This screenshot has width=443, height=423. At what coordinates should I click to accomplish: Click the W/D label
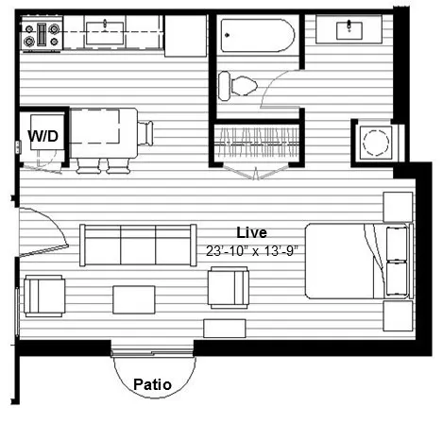43,136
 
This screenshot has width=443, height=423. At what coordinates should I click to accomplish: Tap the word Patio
152,384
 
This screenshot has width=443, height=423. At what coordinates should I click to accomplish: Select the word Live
251,232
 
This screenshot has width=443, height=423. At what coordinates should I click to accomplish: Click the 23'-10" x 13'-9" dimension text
252,251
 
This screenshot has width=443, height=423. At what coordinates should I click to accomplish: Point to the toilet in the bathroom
238,86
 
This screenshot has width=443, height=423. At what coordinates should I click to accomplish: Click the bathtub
258,35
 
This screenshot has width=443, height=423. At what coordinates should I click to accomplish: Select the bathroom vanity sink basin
349,30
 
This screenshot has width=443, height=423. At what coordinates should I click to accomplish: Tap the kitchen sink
105,33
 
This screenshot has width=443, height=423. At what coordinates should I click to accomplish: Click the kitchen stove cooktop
42,34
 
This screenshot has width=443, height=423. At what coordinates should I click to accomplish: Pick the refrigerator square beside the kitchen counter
185,36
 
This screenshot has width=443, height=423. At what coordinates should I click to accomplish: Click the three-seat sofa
138,245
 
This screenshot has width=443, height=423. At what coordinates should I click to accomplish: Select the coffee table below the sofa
134,299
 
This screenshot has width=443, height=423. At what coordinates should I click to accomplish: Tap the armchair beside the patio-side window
44,296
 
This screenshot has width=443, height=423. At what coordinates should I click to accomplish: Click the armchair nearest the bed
229,288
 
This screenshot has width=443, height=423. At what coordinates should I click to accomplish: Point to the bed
359,261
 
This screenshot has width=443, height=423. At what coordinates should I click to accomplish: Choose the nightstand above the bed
398,207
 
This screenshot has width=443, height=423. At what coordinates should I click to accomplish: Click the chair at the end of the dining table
145,133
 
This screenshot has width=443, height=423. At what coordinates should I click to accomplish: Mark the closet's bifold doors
257,172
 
